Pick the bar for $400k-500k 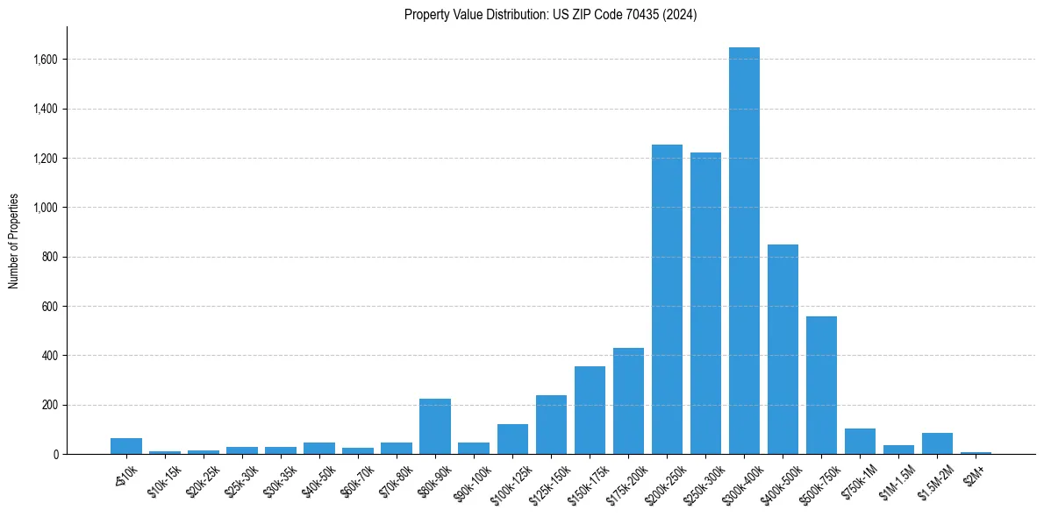click(783, 350)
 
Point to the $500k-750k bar click(821, 386)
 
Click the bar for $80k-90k click(435, 427)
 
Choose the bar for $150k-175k click(590, 410)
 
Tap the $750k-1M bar click(860, 442)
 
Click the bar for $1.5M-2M click(937, 443)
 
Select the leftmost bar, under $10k click(126, 446)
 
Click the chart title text click(550, 15)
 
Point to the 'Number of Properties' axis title click(14, 241)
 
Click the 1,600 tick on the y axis click(46, 60)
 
